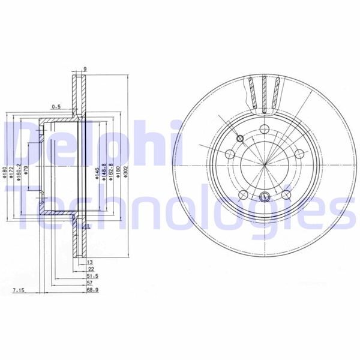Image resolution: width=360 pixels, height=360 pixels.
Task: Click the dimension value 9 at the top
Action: (x=85, y=69)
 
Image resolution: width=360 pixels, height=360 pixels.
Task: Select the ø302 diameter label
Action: (x=125, y=175)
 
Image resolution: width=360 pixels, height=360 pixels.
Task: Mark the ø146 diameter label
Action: (x=97, y=175)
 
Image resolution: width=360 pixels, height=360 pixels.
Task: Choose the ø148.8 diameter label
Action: (x=104, y=175)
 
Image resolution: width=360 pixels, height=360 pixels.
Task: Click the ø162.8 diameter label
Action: (x=111, y=175)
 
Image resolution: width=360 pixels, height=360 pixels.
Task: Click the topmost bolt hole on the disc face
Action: (x=265, y=127)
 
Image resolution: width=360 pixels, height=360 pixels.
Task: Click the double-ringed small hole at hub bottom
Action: (x=265, y=194)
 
